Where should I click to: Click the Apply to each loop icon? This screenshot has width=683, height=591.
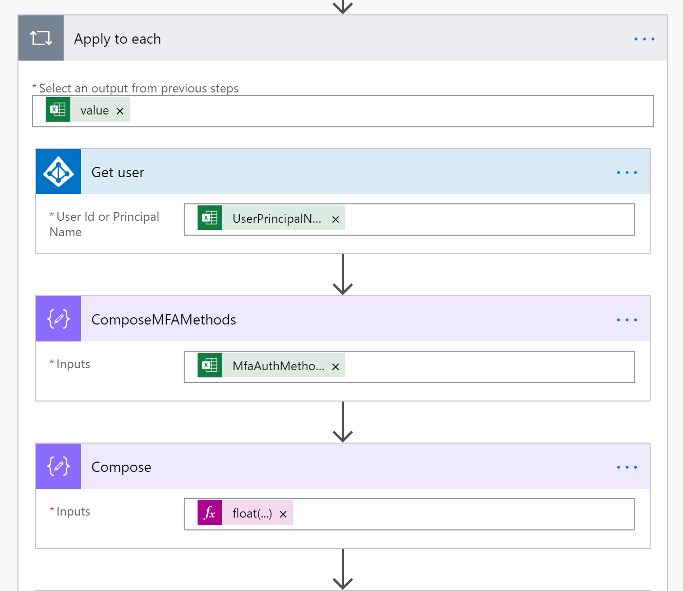tap(41, 38)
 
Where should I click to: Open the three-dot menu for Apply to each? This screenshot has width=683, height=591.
tap(645, 39)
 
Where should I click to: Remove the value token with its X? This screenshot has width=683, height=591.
tap(120, 111)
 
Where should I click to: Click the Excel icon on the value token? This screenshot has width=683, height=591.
tap(58, 109)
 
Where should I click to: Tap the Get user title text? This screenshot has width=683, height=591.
tap(118, 173)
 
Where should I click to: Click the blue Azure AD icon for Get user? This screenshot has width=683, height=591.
tap(58, 171)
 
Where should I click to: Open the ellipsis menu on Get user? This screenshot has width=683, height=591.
tap(627, 173)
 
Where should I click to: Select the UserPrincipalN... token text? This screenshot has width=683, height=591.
tap(277, 219)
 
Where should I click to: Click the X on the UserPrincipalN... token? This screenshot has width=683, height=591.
tap(336, 219)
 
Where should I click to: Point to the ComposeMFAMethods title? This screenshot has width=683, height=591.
tap(164, 320)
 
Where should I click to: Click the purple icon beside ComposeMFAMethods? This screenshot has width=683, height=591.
tap(58, 319)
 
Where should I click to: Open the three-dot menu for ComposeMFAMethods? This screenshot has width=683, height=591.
tap(627, 320)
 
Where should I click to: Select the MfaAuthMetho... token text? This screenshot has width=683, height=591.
tap(279, 366)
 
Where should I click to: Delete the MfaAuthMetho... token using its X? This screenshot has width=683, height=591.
tap(336, 367)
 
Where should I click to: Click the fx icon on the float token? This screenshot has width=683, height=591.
tap(210, 512)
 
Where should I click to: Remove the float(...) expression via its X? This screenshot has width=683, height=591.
tap(283, 514)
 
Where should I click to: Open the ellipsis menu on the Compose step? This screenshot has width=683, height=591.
tap(627, 467)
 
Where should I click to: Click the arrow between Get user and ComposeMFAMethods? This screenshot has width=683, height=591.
tap(343, 275)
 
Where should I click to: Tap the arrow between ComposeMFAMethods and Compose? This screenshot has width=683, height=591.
tap(343, 422)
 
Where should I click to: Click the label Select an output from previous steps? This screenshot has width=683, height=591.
tap(139, 88)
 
